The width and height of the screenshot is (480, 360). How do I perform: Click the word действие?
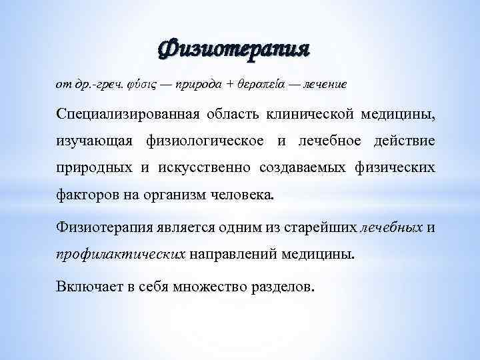click(x=405, y=141)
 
